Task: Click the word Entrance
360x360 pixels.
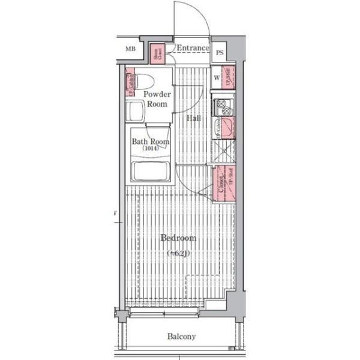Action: [193, 48]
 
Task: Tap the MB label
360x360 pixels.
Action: [130, 49]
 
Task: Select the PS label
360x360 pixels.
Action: [220, 52]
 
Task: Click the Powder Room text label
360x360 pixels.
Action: [157, 98]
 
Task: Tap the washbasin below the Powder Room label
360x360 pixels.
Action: [135, 111]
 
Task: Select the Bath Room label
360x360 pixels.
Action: [150, 142]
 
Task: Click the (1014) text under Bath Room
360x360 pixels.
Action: [150, 148]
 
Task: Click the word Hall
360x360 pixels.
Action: [193, 118]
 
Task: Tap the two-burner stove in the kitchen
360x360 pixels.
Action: [223, 107]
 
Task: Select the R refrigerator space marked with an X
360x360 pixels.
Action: [223, 151]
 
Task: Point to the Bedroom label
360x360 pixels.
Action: [178, 238]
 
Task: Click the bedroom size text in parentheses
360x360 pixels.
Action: [178, 253]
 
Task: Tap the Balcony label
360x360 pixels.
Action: [181, 337]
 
